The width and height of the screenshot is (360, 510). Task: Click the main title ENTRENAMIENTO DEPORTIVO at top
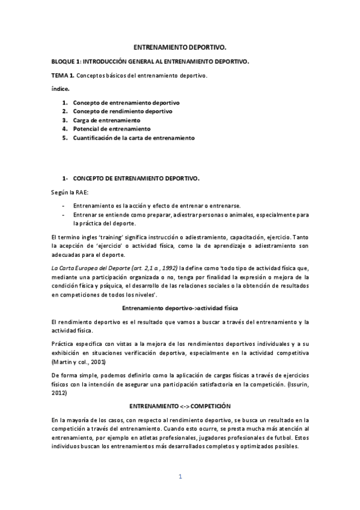coord(180,46)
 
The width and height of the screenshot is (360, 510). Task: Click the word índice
coord(60,88)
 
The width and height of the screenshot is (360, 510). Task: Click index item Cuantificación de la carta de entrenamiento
coord(133,137)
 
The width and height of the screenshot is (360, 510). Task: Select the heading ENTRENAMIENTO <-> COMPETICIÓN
coord(180,407)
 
